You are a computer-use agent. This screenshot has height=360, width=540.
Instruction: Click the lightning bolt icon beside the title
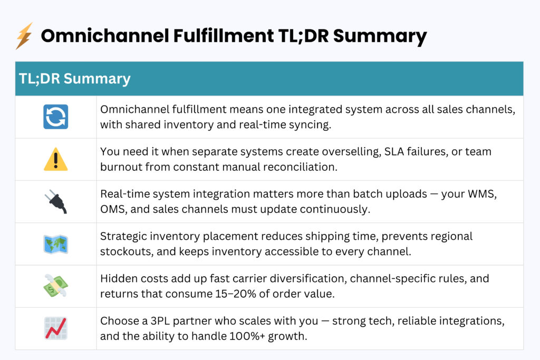(24, 36)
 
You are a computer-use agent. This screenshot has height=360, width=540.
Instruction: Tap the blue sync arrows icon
(55, 117)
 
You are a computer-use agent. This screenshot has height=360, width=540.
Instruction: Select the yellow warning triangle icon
(55, 159)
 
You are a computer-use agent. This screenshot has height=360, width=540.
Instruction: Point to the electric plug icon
(55, 201)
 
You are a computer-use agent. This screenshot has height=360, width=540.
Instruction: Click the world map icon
(55, 244)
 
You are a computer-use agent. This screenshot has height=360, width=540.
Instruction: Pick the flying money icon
(55, 286)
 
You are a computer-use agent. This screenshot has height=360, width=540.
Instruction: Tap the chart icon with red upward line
(55, 328)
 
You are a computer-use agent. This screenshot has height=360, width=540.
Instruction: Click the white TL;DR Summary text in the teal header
(74, 79)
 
